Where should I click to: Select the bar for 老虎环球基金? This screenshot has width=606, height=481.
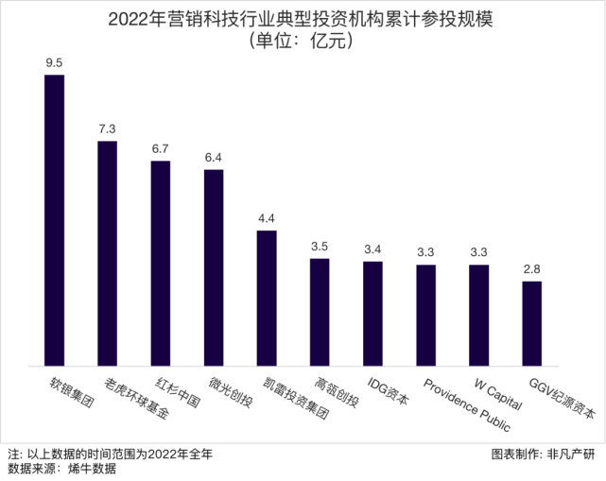pos(108,252)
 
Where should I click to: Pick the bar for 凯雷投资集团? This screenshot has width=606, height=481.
pos(267,298)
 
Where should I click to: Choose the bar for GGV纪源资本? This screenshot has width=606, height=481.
pos(532,322)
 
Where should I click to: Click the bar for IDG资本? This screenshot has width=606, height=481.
pos(373,313)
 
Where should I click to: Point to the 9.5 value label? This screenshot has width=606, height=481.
pos(55,63)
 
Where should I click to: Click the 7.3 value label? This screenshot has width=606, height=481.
pos(108,129)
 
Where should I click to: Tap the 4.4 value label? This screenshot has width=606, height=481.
pos(267,218)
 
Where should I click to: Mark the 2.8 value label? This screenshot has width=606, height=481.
pos(532,269)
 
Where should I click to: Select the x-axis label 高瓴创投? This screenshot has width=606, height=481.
pos(338,394)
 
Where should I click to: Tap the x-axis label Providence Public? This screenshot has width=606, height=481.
pos(467,404)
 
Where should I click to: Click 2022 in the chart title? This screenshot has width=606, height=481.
pos(129,18)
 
